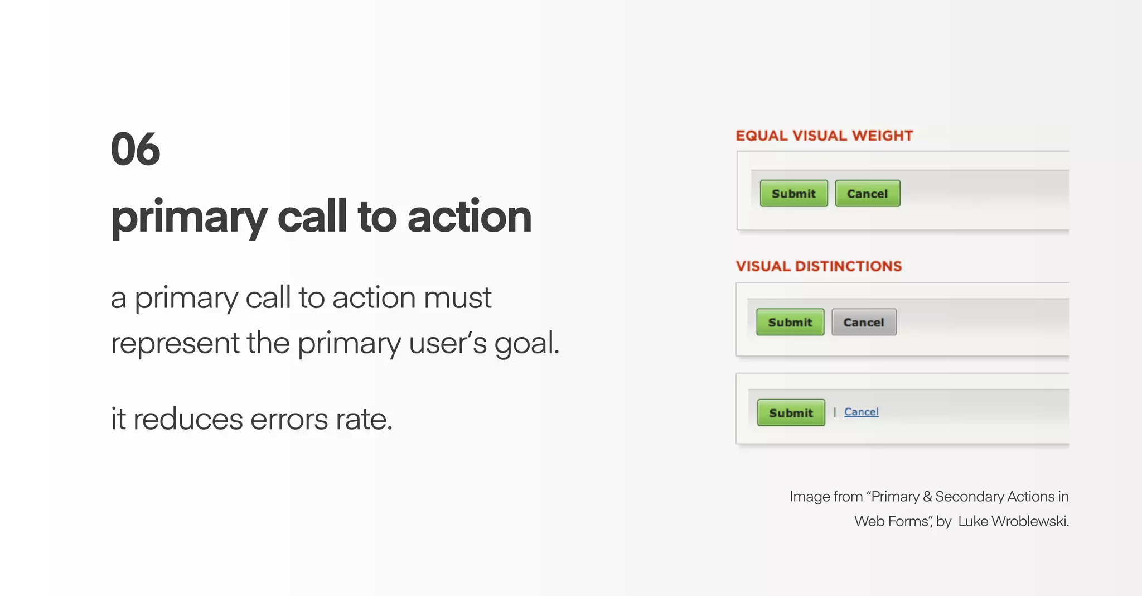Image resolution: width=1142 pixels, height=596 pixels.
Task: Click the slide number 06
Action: click(x=136, y=150)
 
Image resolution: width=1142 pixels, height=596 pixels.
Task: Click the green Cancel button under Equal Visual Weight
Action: click(x=867, y=194)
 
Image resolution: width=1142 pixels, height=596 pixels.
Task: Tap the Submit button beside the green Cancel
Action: click(x=793, y=194)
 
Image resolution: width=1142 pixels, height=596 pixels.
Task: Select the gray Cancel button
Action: click(x=864, y=323)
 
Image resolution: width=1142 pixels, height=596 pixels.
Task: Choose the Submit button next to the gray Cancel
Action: click(x=790, y=323)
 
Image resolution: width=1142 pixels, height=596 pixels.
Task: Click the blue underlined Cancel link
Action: click(x=861, y=412)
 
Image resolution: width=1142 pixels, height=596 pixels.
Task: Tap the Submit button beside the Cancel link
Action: click(x=791, y=413)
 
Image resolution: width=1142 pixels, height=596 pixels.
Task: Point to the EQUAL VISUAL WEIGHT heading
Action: click(x=824, y=136)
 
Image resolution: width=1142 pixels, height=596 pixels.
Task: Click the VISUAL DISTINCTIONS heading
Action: click(x=819, y=266)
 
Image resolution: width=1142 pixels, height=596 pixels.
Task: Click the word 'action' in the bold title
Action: click(x=470, y=217)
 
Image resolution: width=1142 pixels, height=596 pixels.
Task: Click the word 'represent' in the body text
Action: click(x=175, y=343)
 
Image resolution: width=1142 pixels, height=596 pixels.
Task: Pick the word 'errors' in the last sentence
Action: click(x=289, y=419)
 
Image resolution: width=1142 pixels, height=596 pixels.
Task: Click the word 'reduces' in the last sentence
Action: click(x=188, y=419)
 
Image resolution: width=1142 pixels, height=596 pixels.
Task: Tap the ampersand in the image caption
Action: click(x=927, y=497)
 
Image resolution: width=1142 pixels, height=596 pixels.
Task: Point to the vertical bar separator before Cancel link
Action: click(x=835, y=412)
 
